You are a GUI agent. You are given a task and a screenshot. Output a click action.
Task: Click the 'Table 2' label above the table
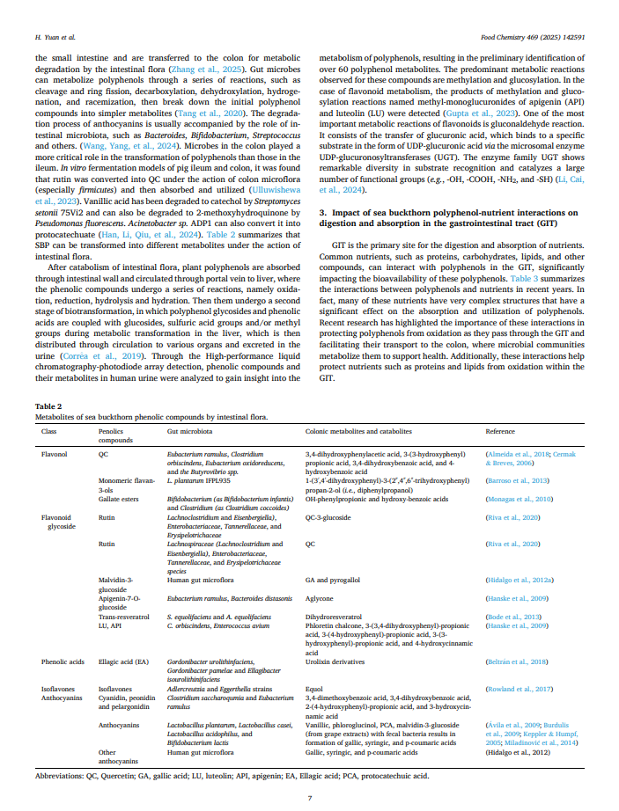click(x=48, y=407)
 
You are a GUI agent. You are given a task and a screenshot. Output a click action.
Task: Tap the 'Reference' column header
click(x=501, y=433)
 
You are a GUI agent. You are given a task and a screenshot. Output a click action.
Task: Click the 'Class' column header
click(x=50, y=433)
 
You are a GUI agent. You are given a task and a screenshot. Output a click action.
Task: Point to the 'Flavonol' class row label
click(x=55, y=453)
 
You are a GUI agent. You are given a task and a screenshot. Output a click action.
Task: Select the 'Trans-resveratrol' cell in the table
click(x=124, y=617)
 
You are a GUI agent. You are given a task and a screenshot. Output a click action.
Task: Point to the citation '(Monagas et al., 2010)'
click(x=519, y=498)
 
